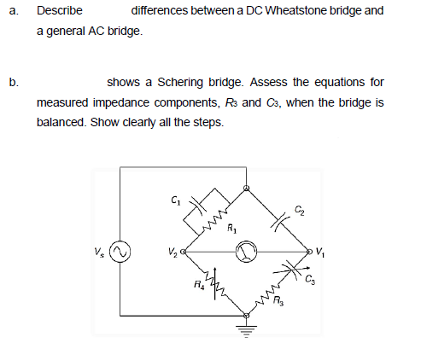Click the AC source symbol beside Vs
(x=121, y=253)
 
